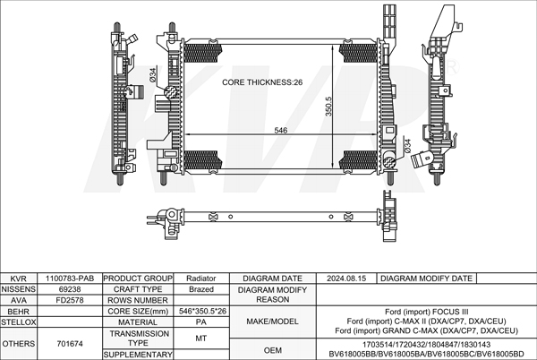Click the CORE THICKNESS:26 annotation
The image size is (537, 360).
pos(263,82)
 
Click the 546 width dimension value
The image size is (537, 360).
pos(280,131)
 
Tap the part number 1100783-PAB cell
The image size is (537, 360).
pos(69,279)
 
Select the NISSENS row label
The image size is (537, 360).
pos(18,289)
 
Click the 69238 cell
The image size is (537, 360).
pos(69,289)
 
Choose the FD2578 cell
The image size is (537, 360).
pos(69,300)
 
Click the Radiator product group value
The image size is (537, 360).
pos(200,279)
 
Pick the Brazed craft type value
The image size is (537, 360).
pos(200,289)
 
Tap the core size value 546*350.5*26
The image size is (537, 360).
pos(200,311)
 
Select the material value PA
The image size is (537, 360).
pos(200,321)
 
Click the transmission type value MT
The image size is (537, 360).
pos(200,338)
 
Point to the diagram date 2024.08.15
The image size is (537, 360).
pos(347,279)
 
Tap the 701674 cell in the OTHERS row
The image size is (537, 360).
pos(69,343)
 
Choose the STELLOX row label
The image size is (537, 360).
pos(18,321)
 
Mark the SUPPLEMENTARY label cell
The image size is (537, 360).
pos(138,355)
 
